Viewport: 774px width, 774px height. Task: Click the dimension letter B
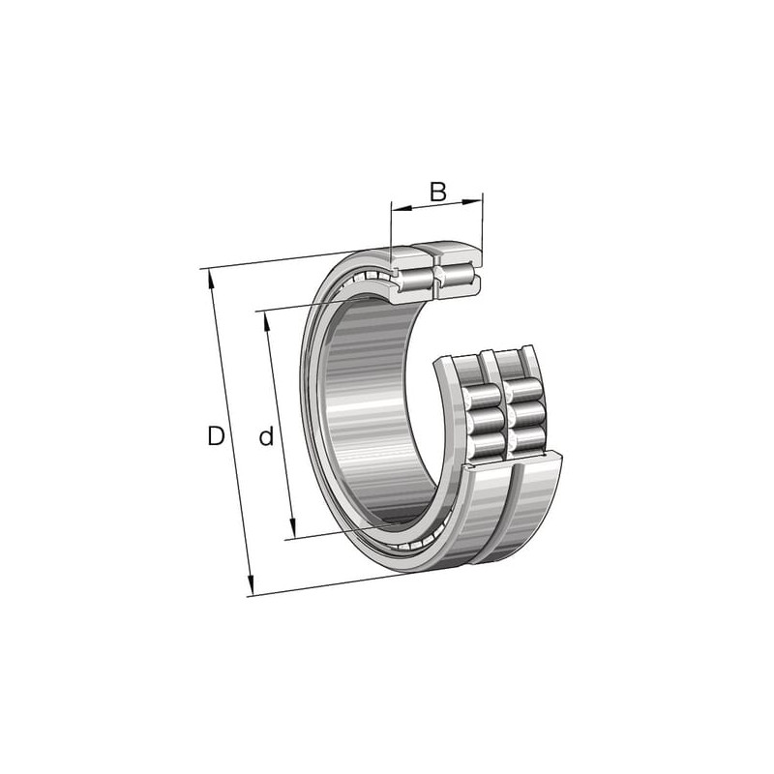tap(438, 192)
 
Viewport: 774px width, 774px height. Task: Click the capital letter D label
tap(216, 436)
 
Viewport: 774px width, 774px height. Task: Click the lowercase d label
tap(266, 436)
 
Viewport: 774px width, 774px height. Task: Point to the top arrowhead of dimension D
tap(212, 279)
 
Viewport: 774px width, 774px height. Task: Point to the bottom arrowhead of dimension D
tap(251, 586)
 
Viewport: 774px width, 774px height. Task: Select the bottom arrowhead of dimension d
tap(292, 528)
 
